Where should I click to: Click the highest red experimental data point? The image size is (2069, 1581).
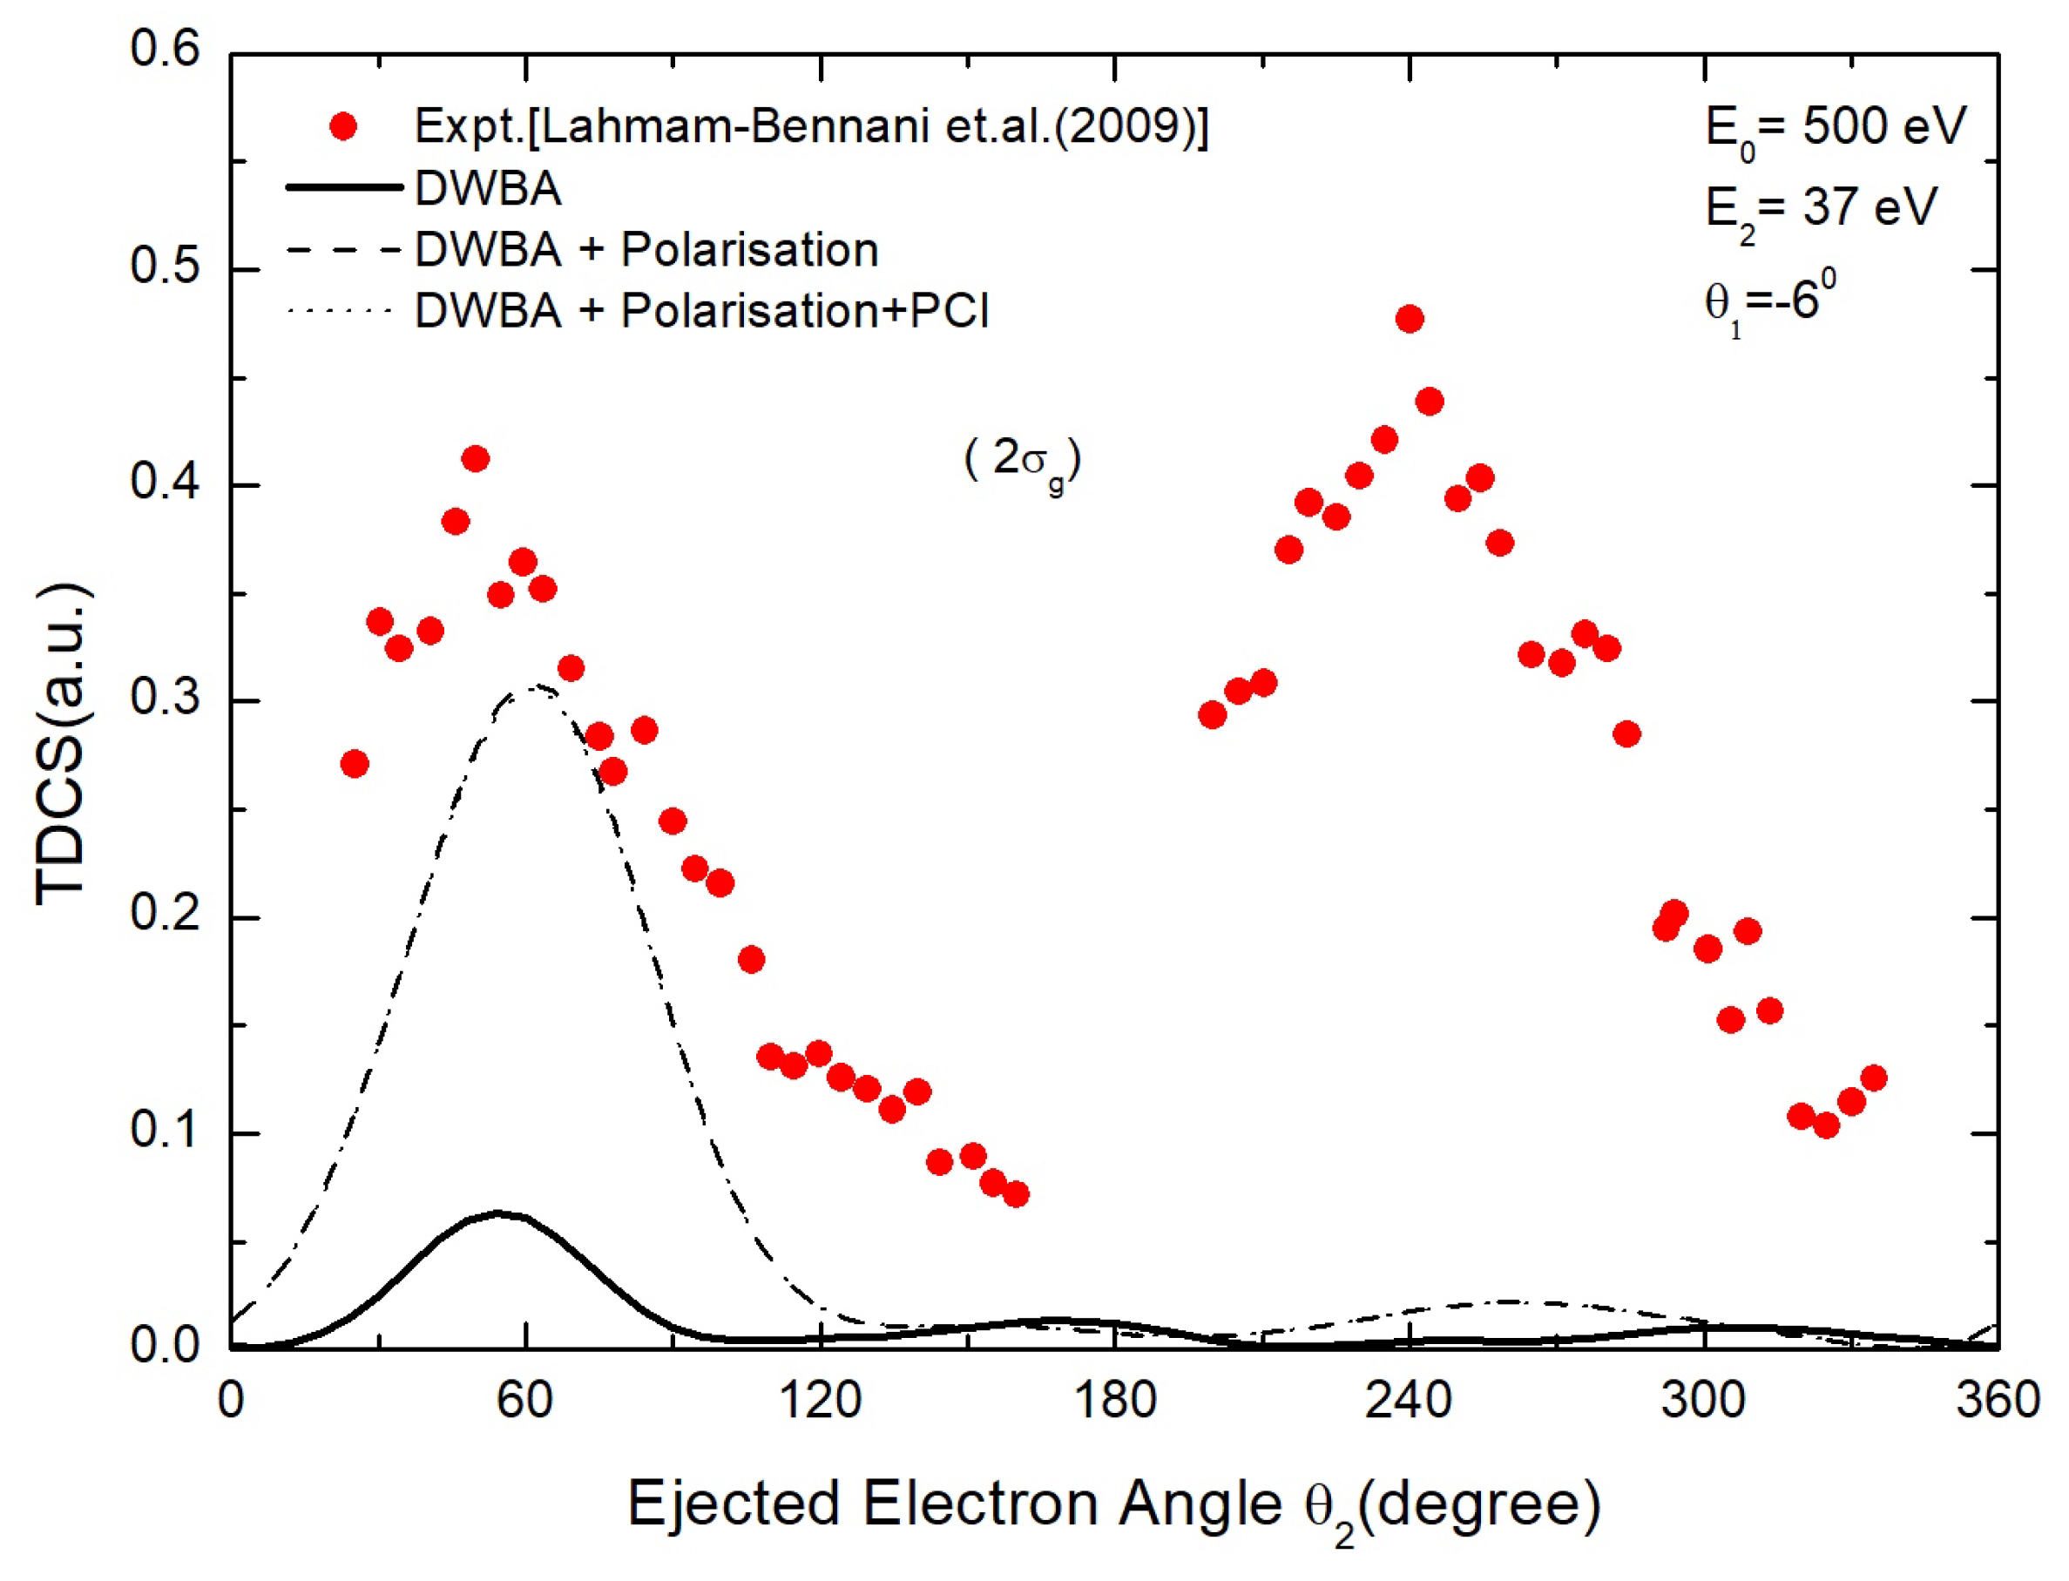point(1409,319)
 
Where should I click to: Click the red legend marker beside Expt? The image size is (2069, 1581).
point(343,126)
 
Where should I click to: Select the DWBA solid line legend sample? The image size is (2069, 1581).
point(343,187)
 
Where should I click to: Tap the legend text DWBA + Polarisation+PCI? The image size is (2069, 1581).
point(701,309)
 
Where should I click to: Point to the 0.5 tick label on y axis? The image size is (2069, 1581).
point(165,267)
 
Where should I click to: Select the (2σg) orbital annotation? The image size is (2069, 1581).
point(1022,461)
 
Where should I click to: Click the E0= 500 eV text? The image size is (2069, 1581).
point(1835,127)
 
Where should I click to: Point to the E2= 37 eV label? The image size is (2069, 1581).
point(1821,208)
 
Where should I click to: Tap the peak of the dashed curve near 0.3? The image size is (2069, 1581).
point(534,687)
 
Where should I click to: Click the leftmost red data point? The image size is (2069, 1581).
point(354,763)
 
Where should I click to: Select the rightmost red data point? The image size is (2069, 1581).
point(1873,1078)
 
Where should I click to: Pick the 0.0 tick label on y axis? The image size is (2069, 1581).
point(165,1346)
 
